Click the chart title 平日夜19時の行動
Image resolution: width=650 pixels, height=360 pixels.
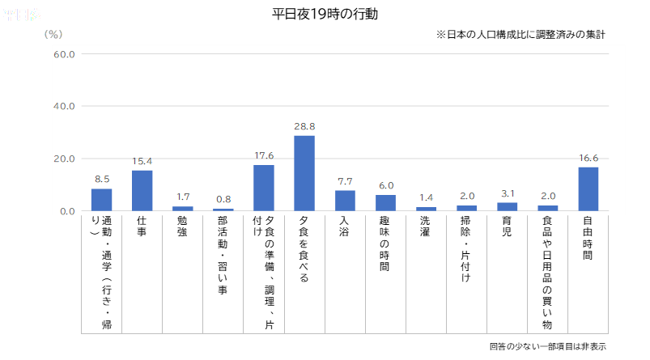[x=325, y=15]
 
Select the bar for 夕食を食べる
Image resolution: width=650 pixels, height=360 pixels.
[x=304, y=173]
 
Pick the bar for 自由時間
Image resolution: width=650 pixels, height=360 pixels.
[x=588, y=188]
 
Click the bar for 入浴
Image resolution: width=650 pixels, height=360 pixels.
[x=345, y=201]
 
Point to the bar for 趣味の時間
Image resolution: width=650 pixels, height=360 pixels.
[x=385, y=202]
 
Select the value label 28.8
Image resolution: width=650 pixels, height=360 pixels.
[x=304, y=127]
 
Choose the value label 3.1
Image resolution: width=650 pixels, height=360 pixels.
[x=508, y=194]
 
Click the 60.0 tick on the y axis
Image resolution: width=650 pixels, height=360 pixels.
[x=64, y=54]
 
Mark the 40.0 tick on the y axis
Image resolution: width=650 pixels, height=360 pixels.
[x=64, y=106]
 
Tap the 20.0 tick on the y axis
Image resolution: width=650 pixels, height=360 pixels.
[x=64, y=159]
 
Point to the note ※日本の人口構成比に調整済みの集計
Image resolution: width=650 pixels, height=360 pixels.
[x=520, y=35]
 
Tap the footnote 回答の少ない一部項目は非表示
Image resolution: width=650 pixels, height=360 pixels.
[x=547, y=346]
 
